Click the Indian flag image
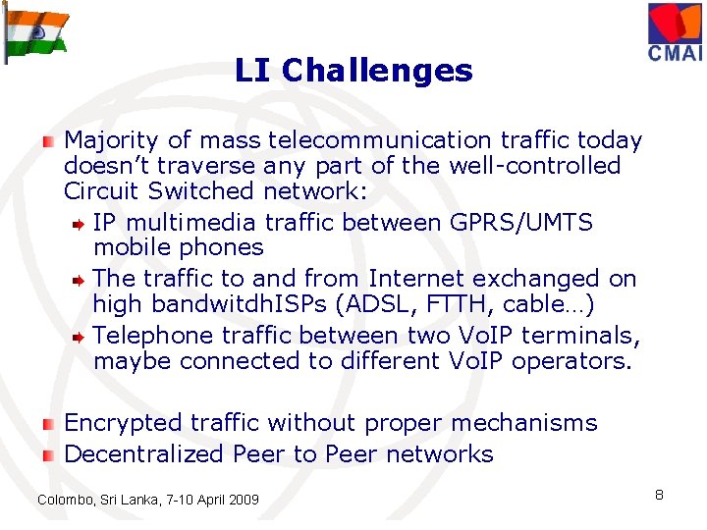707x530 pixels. [36, 31]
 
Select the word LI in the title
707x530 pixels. [253, 71]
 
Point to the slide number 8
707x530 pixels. [659, 495]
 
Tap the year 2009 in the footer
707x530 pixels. [243, 501]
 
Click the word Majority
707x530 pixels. [109, 141]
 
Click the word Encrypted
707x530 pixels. [123, 423]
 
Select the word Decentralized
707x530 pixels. [143, 453]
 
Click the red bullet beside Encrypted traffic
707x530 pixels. [47, 424]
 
